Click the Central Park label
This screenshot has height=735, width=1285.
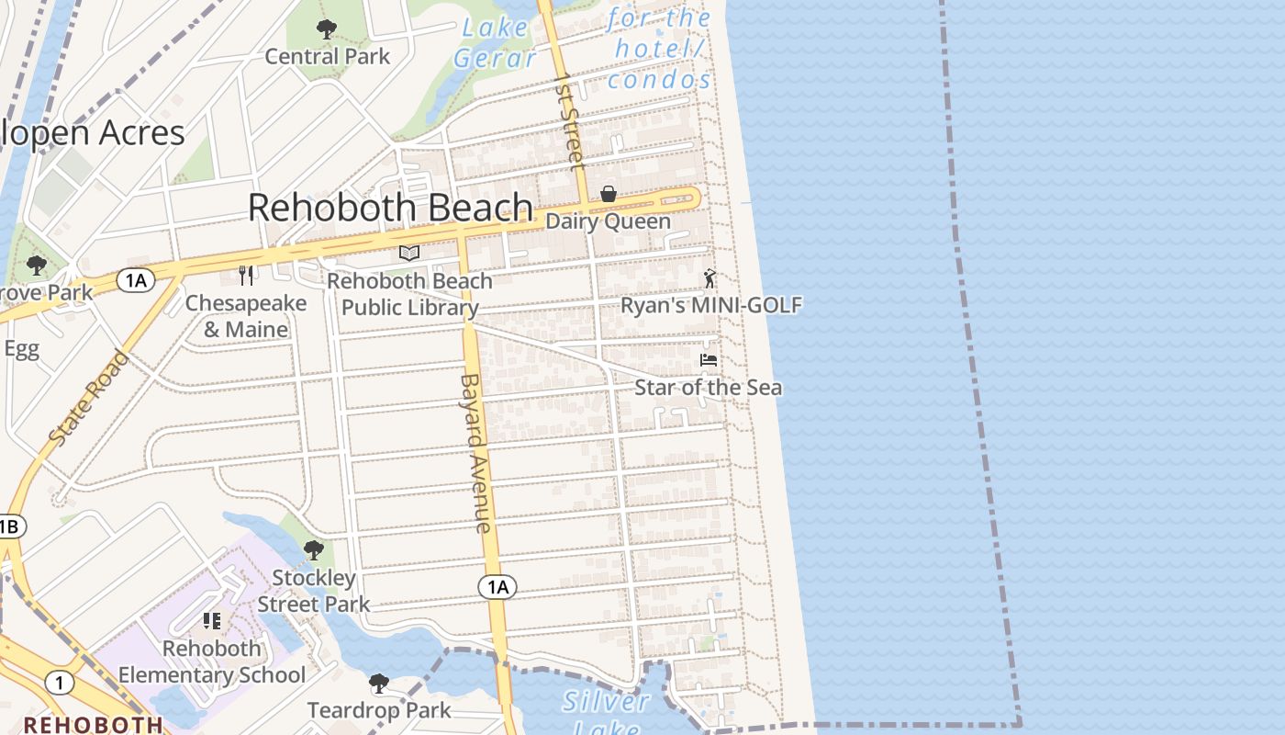[327, 57]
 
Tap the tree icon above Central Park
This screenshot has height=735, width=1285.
[326, 29]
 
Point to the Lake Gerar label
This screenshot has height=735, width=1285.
[495, 42]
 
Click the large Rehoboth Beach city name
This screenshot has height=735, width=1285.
[390, 208]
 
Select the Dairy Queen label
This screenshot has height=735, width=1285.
[608, 221]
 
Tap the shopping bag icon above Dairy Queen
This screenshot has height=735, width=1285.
[608, 194]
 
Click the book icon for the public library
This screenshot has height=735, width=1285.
[409, 253]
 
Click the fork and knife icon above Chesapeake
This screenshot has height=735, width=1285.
[246, 275]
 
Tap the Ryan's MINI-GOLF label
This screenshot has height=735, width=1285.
[711, 305]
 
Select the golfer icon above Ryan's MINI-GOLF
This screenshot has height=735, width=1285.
[709, 277]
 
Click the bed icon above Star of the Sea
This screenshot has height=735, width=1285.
[709, 359]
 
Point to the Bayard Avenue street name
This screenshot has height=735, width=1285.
[475, 452]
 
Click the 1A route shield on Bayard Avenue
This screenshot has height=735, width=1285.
[497, 587]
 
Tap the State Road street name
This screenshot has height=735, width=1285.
[88, 399]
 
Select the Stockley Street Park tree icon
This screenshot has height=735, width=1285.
[314, 550]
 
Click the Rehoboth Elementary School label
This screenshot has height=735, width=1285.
[212, 661]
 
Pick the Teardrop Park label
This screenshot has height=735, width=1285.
[379, 710]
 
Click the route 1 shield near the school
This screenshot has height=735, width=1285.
[60, 684]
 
